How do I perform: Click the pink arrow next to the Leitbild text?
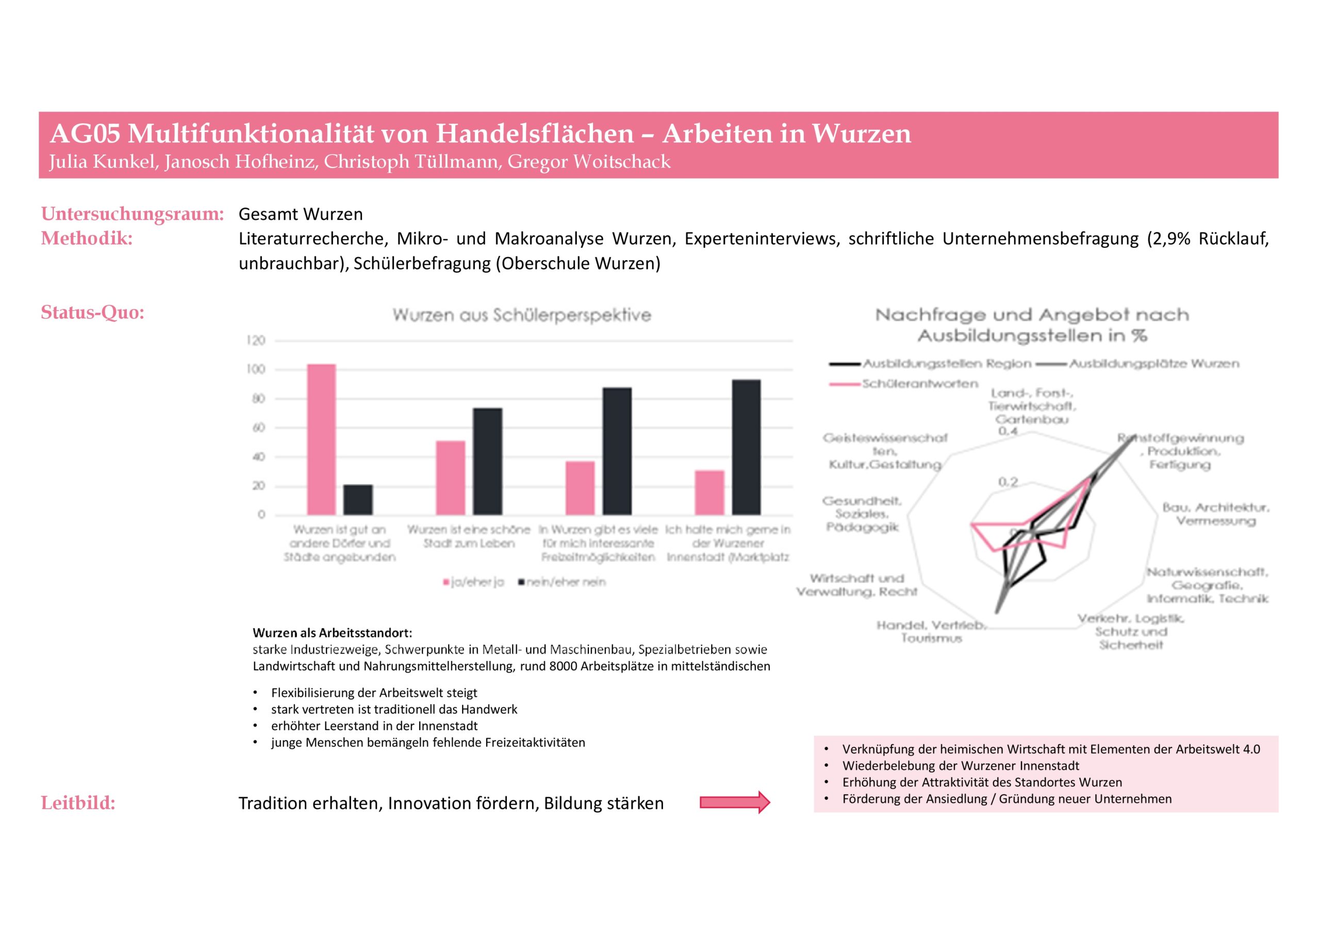click(734, 802)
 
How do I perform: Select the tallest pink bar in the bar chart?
click(321, 439)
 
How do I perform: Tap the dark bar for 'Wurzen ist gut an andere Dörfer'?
click(358, 500)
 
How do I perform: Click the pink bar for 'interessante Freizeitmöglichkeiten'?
click(580, 488)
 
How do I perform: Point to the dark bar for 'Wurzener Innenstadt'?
click(746, 447)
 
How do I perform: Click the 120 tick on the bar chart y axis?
click(256, 341)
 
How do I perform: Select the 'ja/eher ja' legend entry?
click(474, 582)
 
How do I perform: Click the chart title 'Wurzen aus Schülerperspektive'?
click(521, 315)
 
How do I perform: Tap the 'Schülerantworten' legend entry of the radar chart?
click(919, 383)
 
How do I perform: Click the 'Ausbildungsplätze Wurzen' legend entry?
click(1153, 364)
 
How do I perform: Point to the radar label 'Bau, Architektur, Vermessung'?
click(1215, 514)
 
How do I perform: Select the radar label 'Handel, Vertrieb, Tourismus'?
click(931, 632)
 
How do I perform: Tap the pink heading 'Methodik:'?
click(87, 239)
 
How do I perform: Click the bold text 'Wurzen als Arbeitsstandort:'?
click(332, 633)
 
